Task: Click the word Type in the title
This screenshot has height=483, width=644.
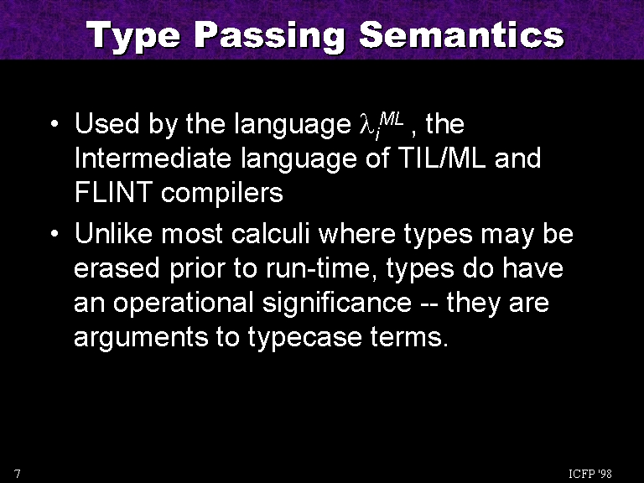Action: [x=134, y=36]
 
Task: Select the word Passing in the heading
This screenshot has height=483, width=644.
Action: [x=270, y=36]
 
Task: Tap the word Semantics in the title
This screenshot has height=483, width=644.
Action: [x=462, y=35]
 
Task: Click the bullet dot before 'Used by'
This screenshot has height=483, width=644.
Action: [x=55, y=123]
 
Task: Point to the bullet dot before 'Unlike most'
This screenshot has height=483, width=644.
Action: [x=55, y=234]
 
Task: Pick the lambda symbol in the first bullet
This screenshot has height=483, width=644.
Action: [x=366, y=125]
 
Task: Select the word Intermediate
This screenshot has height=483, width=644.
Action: [x=153, y=158]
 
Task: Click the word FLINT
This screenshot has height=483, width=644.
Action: [x=113, y=192]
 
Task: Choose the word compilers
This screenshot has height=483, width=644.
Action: [x=221, y=194]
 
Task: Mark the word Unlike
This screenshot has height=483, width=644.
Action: [x=113, y=234]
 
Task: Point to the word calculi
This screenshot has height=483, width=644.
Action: [x=270, y=234]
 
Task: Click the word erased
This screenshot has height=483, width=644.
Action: [x=117, y=268]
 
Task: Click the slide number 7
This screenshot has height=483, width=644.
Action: [x=18, y=474]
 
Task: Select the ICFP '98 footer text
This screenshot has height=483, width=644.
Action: [x=590, y=474]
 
